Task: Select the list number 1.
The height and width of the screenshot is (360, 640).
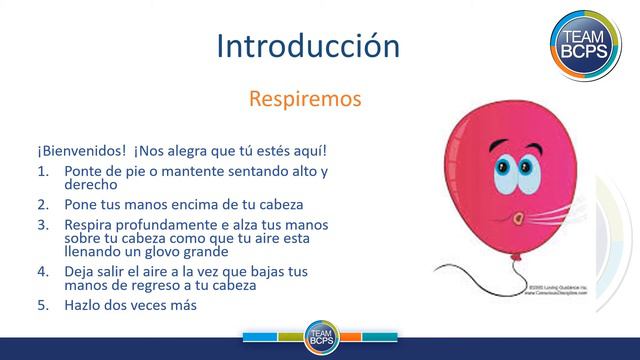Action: tap(43, 171)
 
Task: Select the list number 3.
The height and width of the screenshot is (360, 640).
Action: tap(43, 225)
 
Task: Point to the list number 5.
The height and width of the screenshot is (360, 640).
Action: tap(43, 305)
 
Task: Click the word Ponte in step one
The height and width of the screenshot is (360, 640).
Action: tap(83, 171)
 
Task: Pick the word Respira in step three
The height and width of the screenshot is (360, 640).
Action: tap(90, 225)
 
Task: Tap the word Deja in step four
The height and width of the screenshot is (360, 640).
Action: tap(81, 271)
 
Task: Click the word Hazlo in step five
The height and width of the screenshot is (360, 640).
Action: tap(84, 305)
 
